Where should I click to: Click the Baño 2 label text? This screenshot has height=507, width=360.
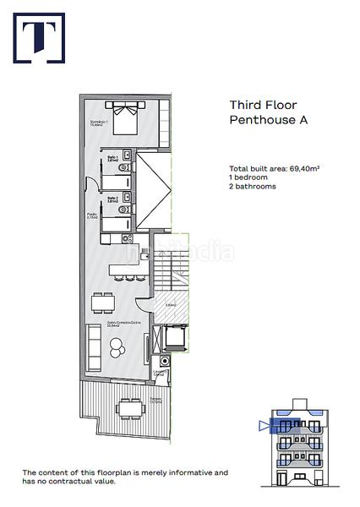pyautogui.click(x=112, y=199)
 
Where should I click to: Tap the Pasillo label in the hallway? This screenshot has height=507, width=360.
pyautogui.click(x=92, y=219)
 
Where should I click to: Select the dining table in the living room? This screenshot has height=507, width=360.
pyautogui.click(x=101, y=303)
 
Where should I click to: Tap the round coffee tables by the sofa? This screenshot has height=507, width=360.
pyautogui.click(x=116, y=345)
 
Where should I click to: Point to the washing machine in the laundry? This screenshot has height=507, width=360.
pyautogui.click(x=165, y=362)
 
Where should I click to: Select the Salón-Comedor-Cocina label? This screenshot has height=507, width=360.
pyautogui.click(x=105, y=324)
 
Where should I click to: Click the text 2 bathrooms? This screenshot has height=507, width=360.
pyautogui.click(x=252, y=186)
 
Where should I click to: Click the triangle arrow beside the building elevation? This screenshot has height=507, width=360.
pyautogui.click(x=262, y=426)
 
